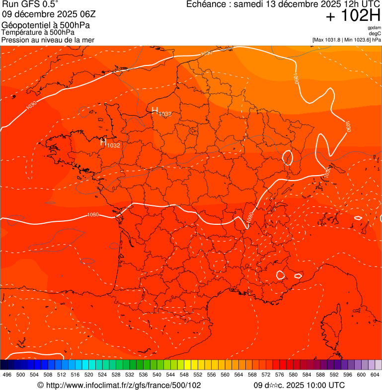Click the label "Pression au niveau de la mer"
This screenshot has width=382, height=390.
[48, 40]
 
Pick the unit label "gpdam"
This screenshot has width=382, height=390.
[374, 28]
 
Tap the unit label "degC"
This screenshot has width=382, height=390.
[375, 33]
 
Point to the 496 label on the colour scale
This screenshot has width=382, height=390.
[7, 375]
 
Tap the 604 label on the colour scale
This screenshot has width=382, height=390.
[375, 375]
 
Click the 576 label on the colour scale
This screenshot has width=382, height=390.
[280, 375]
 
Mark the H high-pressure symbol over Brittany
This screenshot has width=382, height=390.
[103, 143]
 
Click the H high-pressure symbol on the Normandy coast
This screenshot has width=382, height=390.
[154, 110]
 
